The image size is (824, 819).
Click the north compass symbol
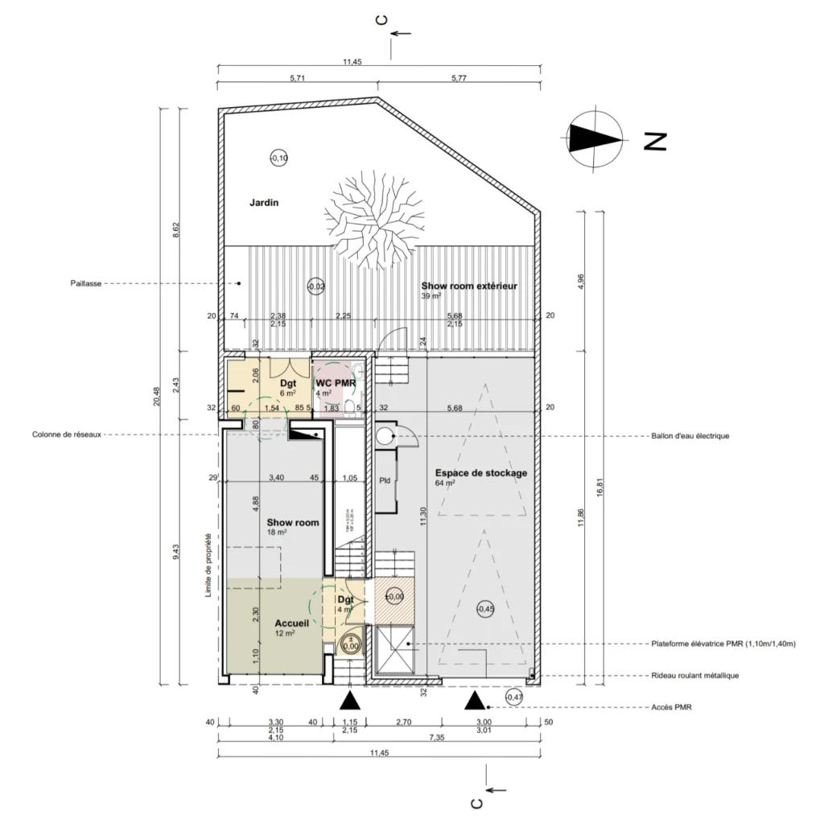tap(595, 139)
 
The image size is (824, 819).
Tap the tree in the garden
tap(373, 218)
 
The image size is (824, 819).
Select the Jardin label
tap(263, 204)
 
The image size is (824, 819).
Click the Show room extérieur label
tap(468, 286)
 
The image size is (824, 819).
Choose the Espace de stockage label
tap(481, 473)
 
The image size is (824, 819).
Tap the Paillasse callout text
tap(84, 284)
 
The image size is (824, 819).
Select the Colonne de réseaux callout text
tap(67, 435)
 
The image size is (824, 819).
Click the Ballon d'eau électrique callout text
tap(690, 436)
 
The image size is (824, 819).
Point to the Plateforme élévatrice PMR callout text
tap(723, 644)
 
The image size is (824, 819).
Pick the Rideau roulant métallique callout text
tap(694, 676)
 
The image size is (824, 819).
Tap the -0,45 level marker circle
tap(485, 610)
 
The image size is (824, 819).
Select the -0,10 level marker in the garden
tap(278, 158)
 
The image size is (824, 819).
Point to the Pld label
tap(385, 480)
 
